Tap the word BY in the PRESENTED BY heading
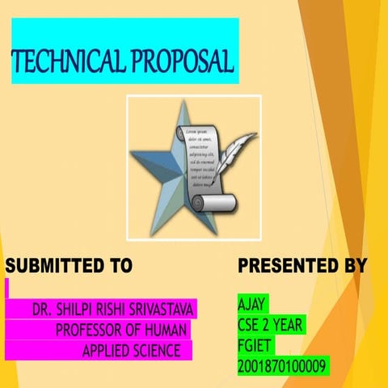pyautogui.click(x=349, y=265)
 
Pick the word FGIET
pyautogui.click(x=255, y=346)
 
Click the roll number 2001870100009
pyautogui.click(x=282, y=366)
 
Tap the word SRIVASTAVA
pyautogui.click(x=164, y=310)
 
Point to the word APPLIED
pyautogui.click(x=108, y=351)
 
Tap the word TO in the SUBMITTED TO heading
pyautogui.click(x=119, y=265)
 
